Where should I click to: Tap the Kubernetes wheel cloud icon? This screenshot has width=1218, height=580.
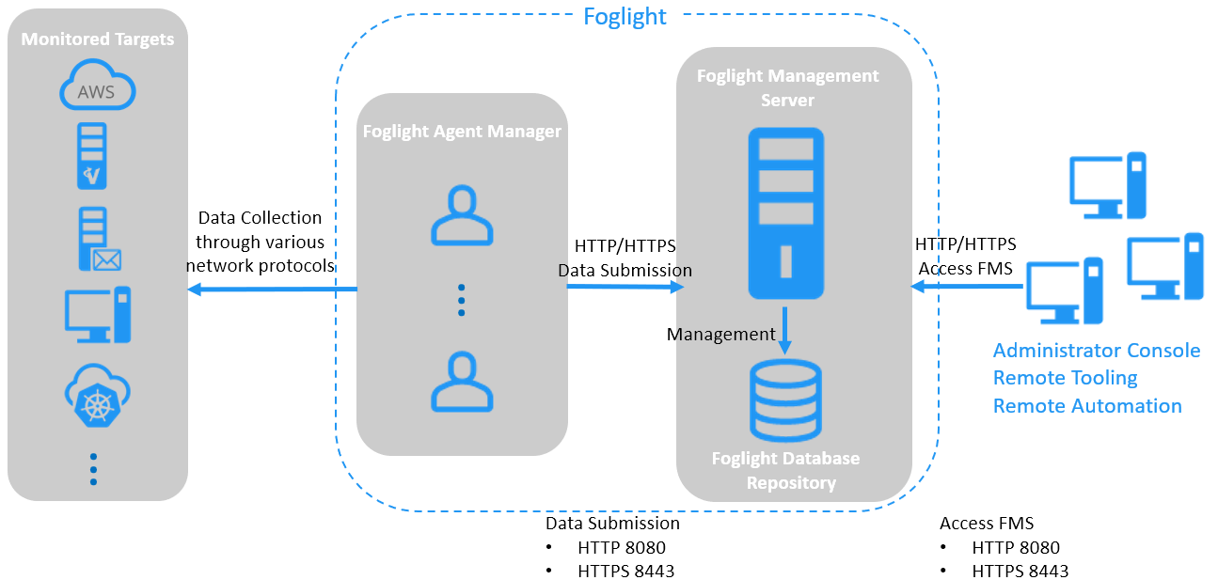point(97,396)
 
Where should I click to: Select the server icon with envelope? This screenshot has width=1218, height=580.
point(98,240)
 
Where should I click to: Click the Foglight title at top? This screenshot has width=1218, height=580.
point(625,16)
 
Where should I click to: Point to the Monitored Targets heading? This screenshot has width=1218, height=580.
point(97,39)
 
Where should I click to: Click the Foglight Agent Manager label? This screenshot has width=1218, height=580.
point(462,132)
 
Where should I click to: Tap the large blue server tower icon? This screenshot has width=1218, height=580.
point(786,213)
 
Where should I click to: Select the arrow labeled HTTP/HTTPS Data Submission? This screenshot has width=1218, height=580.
point(625,286)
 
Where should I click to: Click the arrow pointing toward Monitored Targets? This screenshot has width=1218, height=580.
point(272,290)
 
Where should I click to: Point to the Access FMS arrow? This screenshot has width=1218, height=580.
point(967,287)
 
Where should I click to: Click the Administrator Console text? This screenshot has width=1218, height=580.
point(1097,351)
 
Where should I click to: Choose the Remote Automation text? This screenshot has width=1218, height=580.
point(1087,406)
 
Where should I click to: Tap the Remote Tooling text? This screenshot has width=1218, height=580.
point(1066,378)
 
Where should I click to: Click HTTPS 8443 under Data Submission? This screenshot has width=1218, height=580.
point(625,571)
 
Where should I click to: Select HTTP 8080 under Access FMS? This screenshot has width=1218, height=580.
point(1016,547)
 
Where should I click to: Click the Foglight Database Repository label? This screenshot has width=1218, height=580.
point(786,470)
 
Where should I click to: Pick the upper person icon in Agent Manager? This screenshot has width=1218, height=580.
point(462,216)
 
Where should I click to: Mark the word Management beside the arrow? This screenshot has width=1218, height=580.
point(721,334)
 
